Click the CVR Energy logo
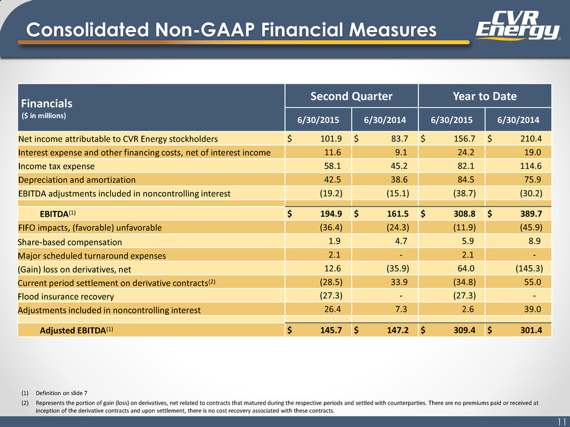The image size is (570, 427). tap(518, 25)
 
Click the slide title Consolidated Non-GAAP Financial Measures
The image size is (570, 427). tap(231, 30)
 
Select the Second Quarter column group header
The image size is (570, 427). tap(351, 96)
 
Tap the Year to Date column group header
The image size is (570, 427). tap(485, 96)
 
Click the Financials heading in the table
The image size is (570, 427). tap(47, 104)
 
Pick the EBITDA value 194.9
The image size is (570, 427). tap(331, 214)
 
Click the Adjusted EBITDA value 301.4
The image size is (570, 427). tap(531, 330)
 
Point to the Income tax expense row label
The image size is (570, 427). tap(56, 167)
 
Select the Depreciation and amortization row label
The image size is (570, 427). tap(76, 180)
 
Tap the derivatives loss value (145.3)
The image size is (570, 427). tap(529, 269)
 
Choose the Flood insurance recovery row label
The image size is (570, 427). tap(66, 297)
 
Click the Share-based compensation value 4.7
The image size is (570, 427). tap(401, 241)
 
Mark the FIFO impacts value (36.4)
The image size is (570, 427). tap(331, 227)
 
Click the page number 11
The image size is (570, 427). tap(562, 422)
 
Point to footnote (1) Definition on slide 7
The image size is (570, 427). tap(54, 393)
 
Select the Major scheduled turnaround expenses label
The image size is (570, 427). tap(92, 256)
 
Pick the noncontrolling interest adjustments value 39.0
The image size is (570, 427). tap(532, 309)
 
